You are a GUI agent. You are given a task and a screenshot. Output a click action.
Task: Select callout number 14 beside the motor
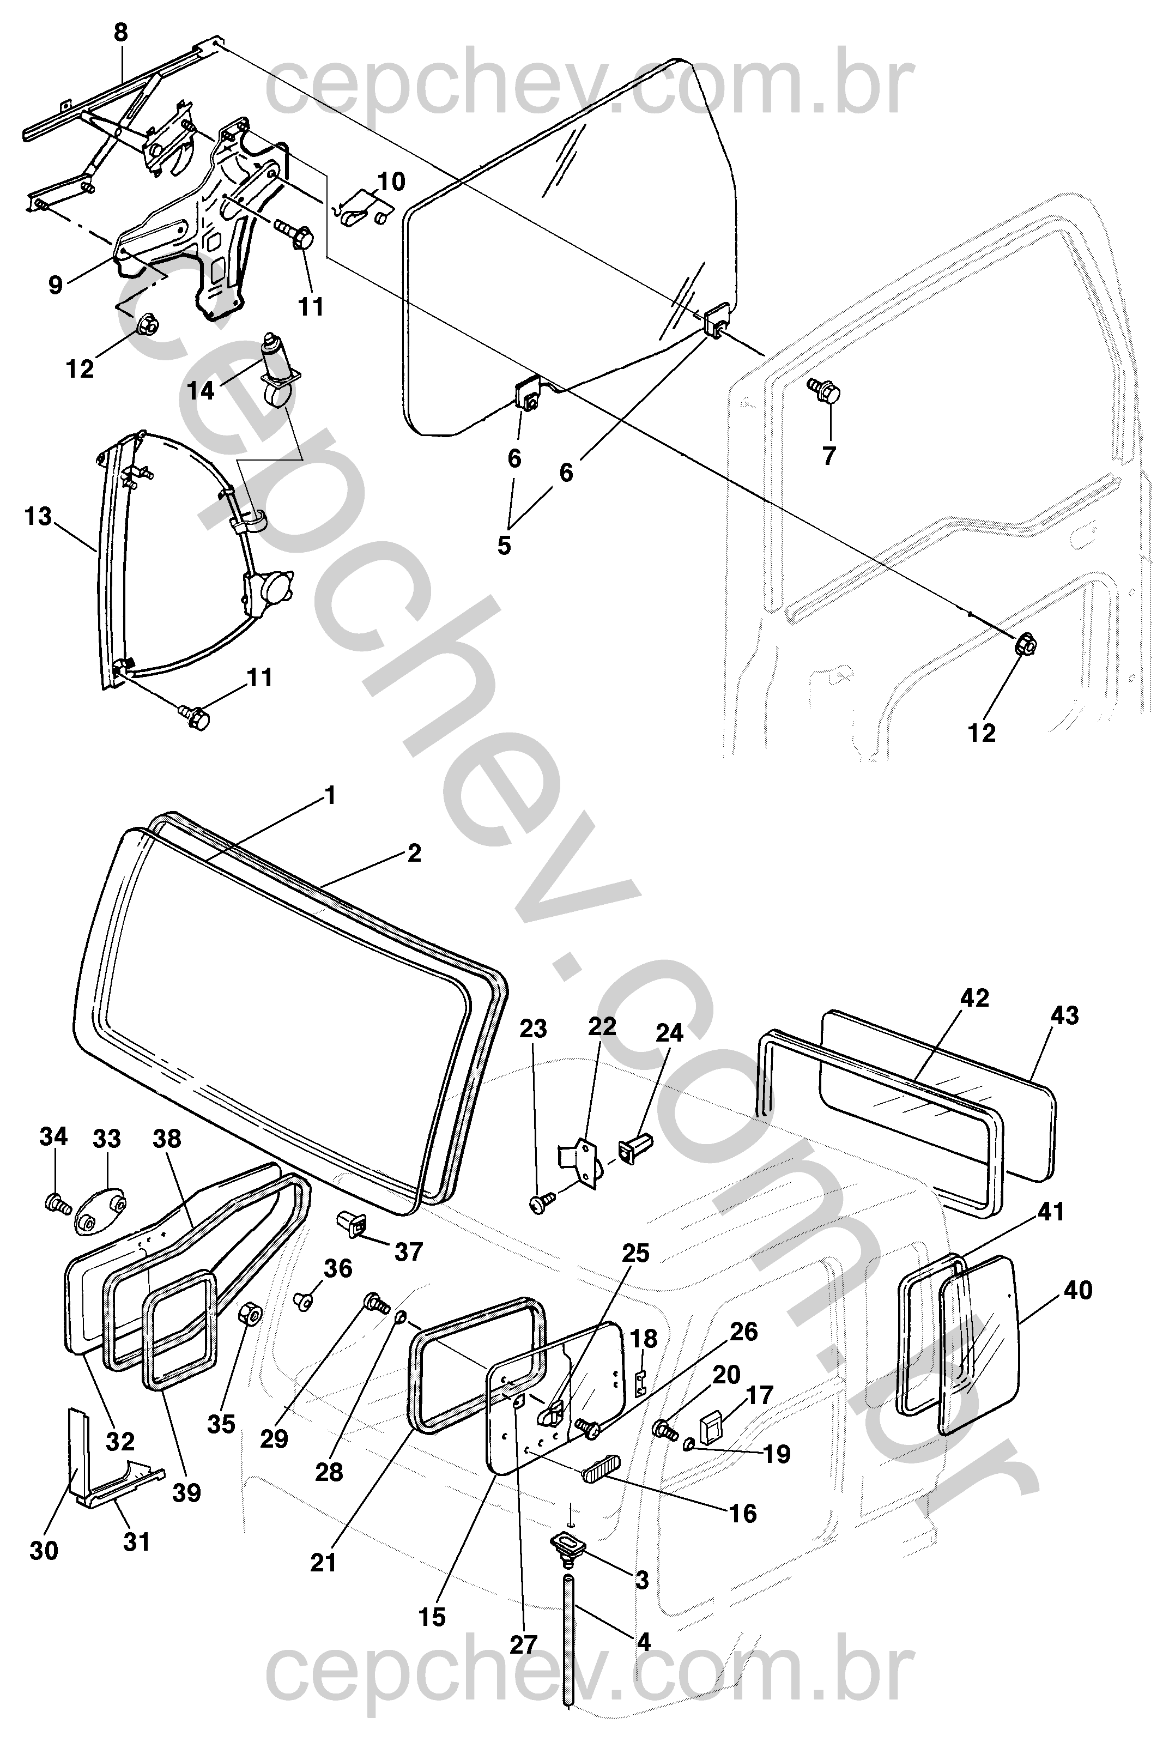[201, 390]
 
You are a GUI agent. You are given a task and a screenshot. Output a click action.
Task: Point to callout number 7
[829, 456]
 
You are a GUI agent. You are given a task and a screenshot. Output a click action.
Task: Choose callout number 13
[38, 516]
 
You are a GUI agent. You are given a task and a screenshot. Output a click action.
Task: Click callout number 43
[1065, 1015]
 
